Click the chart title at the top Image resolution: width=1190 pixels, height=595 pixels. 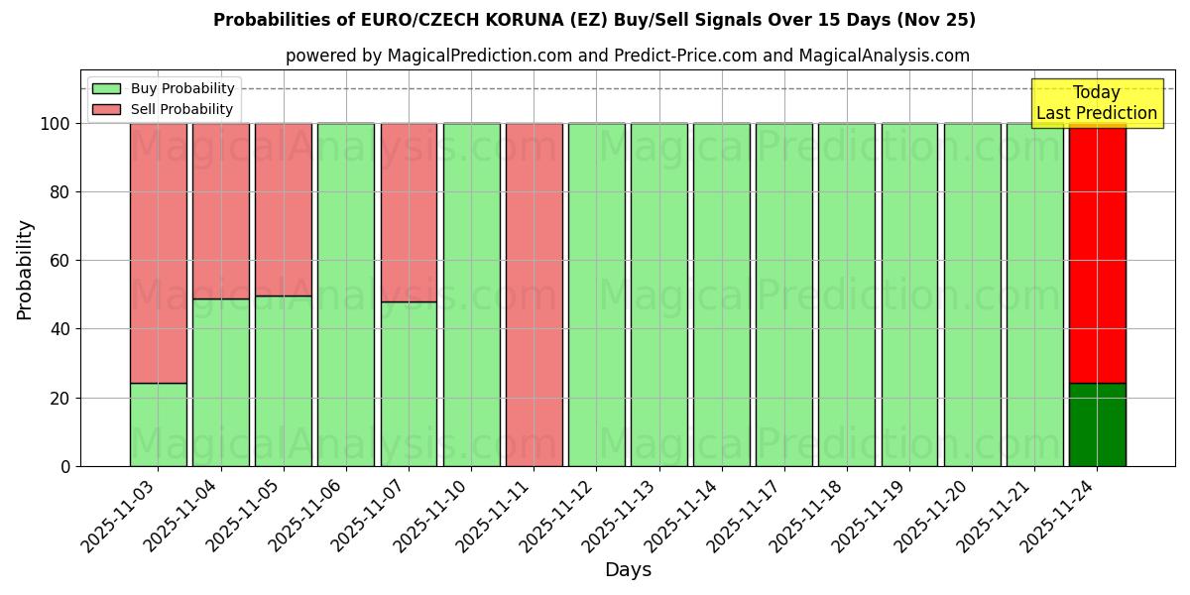[594, 20]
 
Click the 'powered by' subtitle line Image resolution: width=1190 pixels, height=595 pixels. [627, 56]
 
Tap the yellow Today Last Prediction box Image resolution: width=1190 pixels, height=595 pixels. [1096, 103]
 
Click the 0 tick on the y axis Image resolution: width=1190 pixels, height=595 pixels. [65, 466]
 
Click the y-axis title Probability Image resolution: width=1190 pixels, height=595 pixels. [25, 270]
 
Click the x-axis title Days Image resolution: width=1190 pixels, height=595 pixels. [628, 570]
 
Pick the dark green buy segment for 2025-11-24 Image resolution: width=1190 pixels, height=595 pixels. [1097, 424]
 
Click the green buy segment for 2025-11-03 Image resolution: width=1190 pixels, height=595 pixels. [158, 424]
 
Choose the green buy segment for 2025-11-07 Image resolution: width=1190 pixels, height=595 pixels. [409, 384]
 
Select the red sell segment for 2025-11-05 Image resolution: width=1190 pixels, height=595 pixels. [283, 209]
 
